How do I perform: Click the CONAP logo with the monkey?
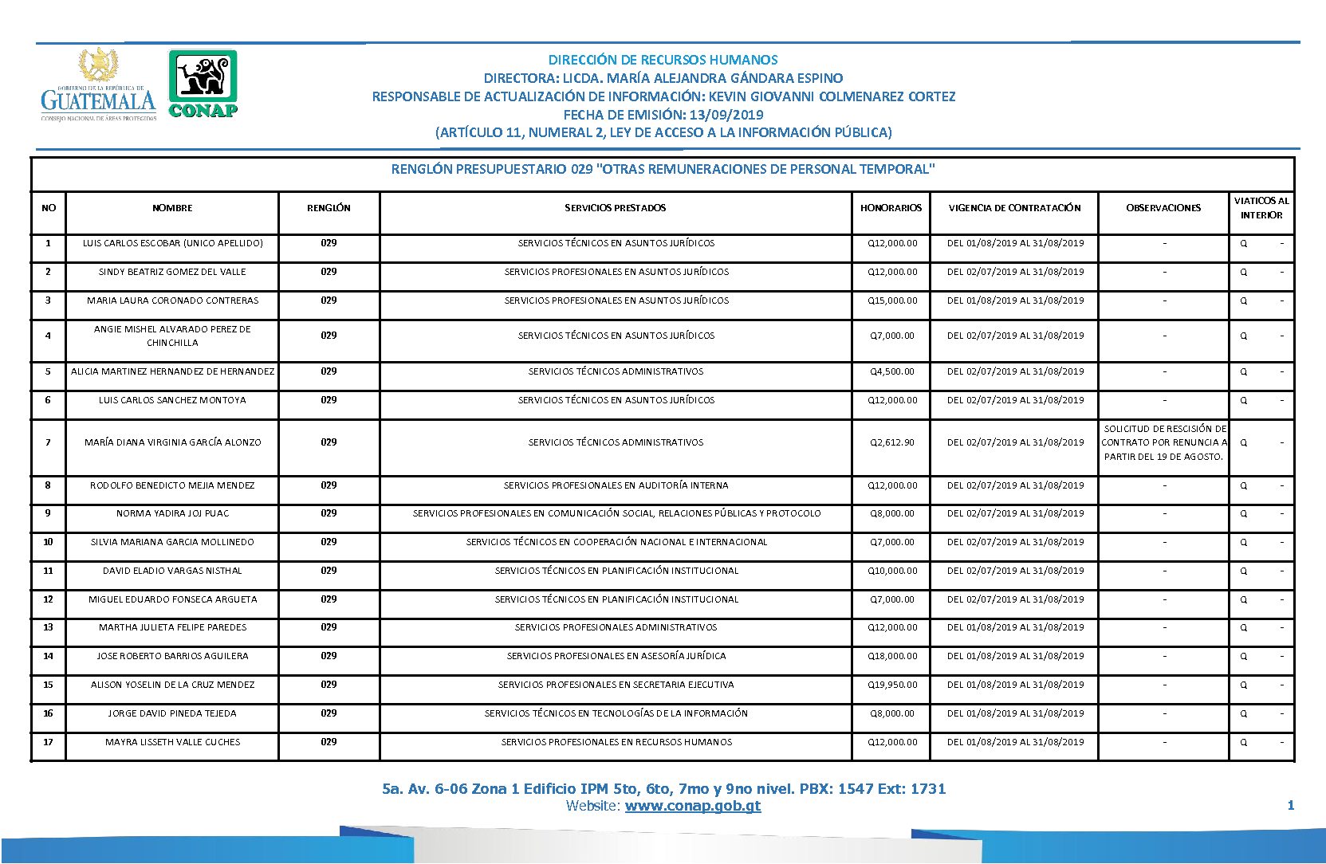point(203,84)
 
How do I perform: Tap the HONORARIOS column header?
point(891,208)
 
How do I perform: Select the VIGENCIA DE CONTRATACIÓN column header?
point(1014,208)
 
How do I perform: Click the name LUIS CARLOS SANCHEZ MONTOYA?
point(172,400)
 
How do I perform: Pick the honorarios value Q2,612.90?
point(892,442)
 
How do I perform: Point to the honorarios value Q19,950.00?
point(892,685)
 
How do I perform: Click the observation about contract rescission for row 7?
point(1163,442)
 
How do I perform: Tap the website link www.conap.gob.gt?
point(692,806)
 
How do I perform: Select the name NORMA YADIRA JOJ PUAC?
point(172,513)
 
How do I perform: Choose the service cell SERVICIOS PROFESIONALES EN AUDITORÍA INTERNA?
point(616,485)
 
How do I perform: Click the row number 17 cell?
point(48,742)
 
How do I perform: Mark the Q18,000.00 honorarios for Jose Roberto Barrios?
point(892,656)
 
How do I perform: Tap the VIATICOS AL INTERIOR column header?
point(1261,208)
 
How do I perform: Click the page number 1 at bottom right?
point(1290,806)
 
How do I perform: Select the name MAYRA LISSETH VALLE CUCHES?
point(172,742)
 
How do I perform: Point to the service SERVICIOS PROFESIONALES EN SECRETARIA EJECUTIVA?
point(616,685)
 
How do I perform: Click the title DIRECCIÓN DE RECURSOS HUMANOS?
point(663,60)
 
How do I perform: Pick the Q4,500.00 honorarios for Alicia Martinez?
point(892,371)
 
